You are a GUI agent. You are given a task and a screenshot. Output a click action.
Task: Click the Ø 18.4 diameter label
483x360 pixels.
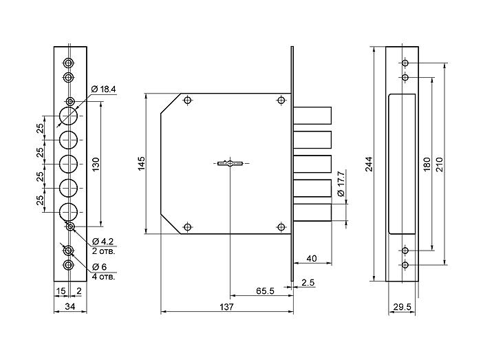click(x=103, y=89)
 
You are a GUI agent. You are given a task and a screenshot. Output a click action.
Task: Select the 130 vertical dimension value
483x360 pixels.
click(x=96, y=165)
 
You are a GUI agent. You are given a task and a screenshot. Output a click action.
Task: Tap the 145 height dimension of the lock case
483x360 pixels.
click(x=141, y=163)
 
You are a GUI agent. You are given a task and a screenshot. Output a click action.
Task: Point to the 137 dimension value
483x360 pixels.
click(x=226, y=307)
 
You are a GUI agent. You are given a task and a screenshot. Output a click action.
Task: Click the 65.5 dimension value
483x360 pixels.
click(x=265, y=290)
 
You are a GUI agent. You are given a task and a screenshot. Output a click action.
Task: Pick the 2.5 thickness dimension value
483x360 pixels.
click(x=308, y=282)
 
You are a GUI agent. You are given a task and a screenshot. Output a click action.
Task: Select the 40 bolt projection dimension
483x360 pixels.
click(x=312, y=258)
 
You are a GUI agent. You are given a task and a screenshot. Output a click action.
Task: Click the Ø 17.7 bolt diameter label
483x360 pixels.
click(x=341, y=184)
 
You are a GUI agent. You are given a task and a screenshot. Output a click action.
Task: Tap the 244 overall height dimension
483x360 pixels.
click(x=369, y=164)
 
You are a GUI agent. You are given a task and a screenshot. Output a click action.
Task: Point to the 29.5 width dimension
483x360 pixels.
click(x=402, y=307)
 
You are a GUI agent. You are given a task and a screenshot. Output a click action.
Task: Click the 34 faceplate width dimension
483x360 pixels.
click(x=70, y=306)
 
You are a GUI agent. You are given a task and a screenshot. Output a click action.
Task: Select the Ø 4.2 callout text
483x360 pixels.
click(x=103, y=241)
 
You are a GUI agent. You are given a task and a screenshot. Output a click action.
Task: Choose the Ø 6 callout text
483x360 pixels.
click(x=99, y=267)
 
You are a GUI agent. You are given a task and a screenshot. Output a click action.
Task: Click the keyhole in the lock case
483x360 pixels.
click(x=230, y=163)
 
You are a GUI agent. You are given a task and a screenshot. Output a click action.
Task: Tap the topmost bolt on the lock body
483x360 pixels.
click(x=312, y=115)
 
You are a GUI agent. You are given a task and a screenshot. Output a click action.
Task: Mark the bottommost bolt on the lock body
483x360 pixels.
click(x=312, y=213)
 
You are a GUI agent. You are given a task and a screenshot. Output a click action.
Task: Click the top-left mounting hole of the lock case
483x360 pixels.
click(x=187, y=100)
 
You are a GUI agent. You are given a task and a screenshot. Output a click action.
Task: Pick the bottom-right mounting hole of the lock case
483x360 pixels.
click(x=281, y=227)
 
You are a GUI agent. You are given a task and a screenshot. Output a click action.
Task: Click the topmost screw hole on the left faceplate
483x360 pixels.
click(x=68, y=63)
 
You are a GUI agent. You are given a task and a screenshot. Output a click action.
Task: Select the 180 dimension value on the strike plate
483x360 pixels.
click(x=427, y=164)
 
